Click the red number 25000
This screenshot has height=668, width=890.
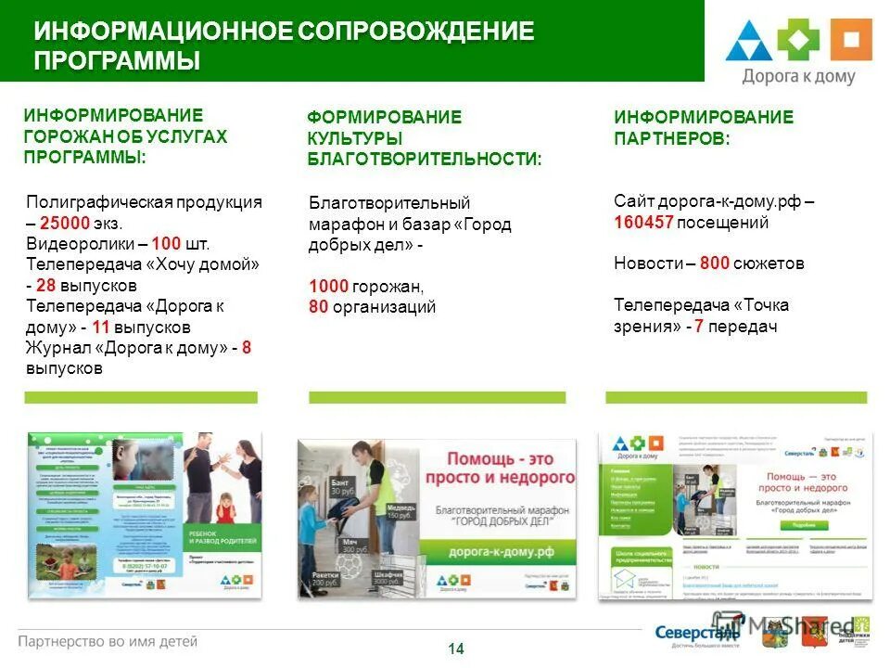65,224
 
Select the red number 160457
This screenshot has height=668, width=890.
642,223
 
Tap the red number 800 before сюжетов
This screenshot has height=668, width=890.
715,263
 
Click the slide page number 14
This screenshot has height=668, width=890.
456,649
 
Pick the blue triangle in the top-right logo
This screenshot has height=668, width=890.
747,42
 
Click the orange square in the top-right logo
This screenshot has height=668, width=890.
850,40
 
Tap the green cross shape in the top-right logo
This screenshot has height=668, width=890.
798,40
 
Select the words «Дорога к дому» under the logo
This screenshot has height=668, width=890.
798,77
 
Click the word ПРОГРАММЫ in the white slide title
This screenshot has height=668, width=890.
117,62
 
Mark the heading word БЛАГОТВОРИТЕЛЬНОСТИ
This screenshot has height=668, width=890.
424,160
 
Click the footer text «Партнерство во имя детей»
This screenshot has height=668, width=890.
108,641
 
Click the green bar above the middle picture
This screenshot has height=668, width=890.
437,397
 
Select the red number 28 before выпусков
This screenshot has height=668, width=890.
46,285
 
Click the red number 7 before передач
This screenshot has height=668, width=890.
699,327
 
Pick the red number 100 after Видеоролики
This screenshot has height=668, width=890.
167,244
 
